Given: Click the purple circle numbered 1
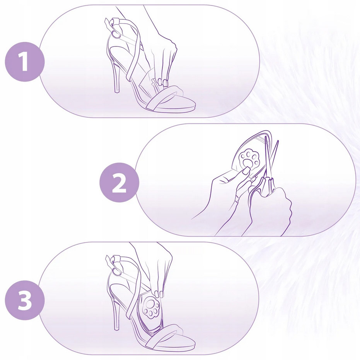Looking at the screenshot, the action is (x=25, y=62).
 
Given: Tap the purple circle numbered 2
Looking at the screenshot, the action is (x=119, y=183).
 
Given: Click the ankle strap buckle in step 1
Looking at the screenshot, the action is (x=116, y=34).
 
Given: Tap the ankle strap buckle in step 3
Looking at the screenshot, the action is (x=116, y=272).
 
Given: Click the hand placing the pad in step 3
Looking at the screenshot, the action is (x=159, y=271).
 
